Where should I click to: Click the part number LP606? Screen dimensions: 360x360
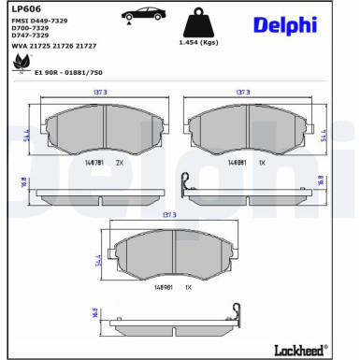click(x=23, y=8)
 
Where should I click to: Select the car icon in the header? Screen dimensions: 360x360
click(x=144, y=13)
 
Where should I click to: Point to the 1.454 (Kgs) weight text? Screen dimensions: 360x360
click(x=196, y=43)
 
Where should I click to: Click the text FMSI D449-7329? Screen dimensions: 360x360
click(x=39, y=20)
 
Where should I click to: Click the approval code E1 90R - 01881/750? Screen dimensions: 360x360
click(x=68, y=71)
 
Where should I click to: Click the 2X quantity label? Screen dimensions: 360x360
click(x=119, y=162)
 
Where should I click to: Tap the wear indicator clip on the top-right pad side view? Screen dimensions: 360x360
click(x=186, y=183)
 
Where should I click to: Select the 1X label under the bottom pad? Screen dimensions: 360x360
click(x=188, y=284)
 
